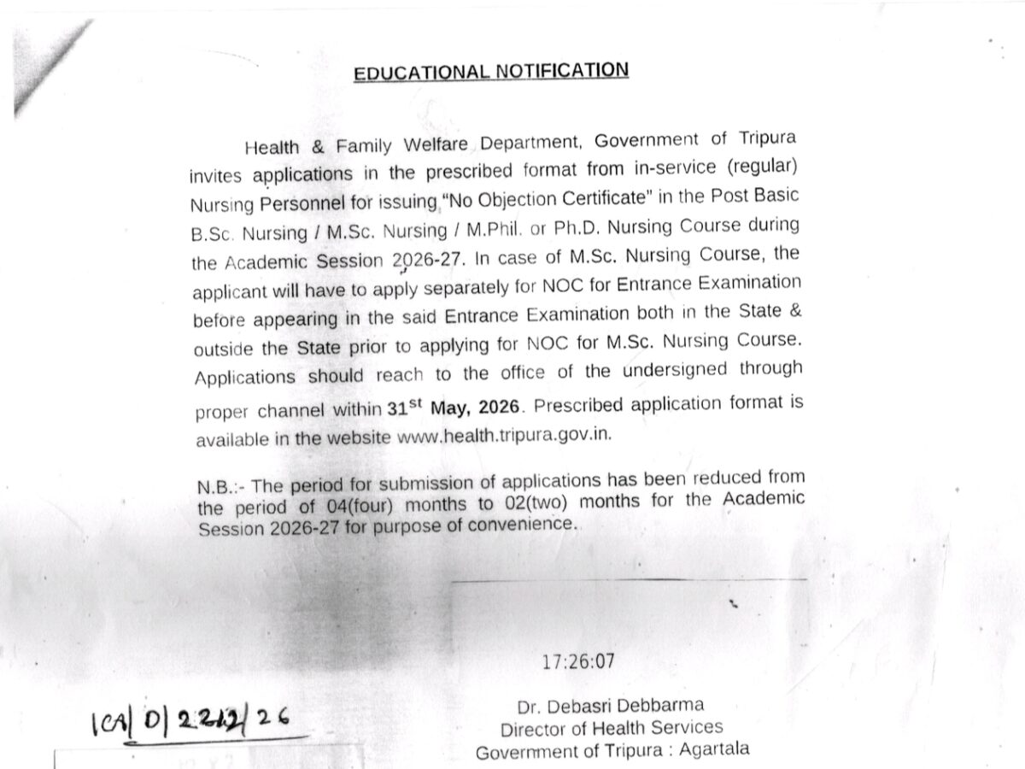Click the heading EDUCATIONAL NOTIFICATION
coord(491,71)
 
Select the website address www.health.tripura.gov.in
coord(506,435)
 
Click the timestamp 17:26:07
coord(577,660)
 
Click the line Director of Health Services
coord(611,728)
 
